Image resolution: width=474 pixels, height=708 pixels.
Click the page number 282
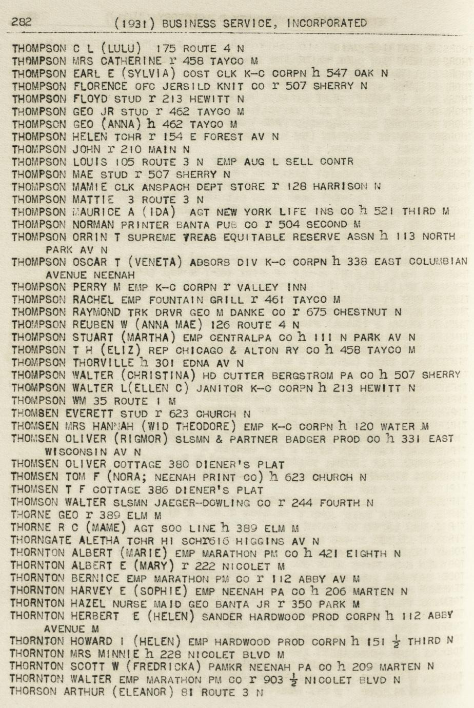[22, 22]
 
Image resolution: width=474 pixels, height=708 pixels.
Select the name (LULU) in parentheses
[121, 49]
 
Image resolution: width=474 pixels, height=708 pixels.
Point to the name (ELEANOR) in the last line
[140, 692]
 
